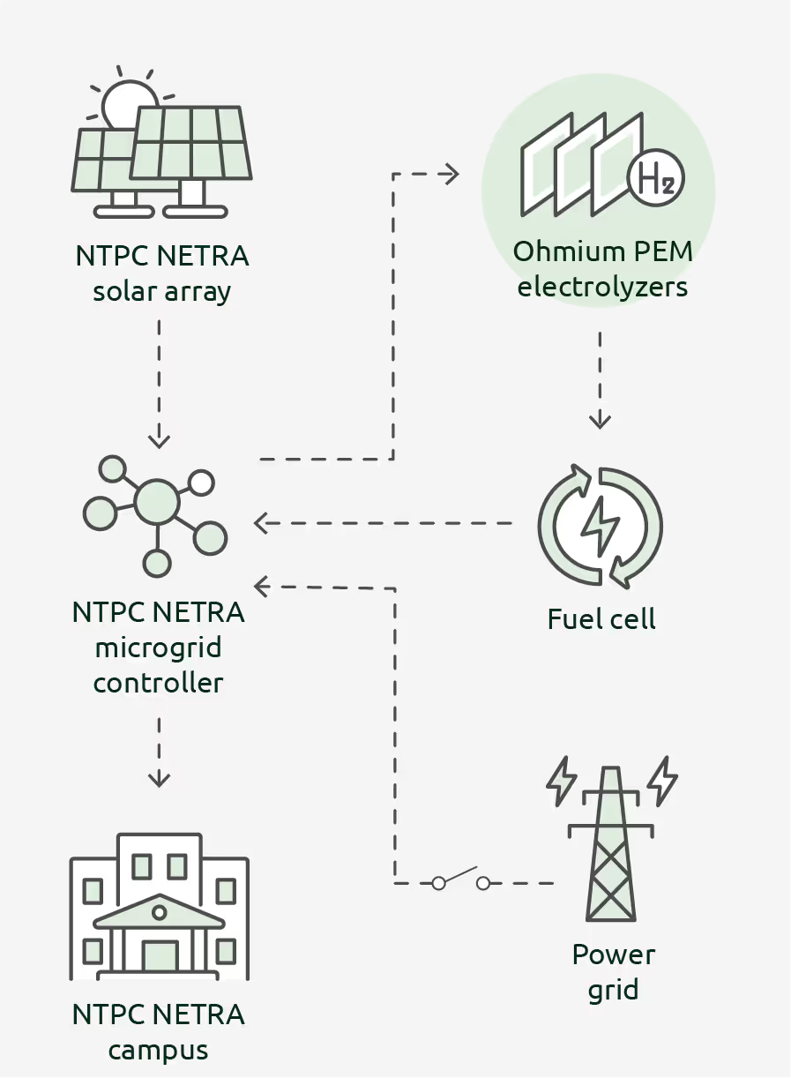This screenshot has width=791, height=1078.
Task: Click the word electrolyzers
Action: coord(602,287)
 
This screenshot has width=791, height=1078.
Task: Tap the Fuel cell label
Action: coord(601,619)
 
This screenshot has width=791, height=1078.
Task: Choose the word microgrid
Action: coord(158,648)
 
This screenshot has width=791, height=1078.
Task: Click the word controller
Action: coord(159,683)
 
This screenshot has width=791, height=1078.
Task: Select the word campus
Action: coord(159,1051)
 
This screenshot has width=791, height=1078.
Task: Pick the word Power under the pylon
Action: coord(614,954)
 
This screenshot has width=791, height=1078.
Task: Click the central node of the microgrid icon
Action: coord(158,502)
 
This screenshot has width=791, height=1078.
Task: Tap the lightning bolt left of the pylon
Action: coord(561,780)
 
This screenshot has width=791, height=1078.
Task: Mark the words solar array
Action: coord(162,292)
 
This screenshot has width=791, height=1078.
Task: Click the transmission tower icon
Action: coord(611,843)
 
